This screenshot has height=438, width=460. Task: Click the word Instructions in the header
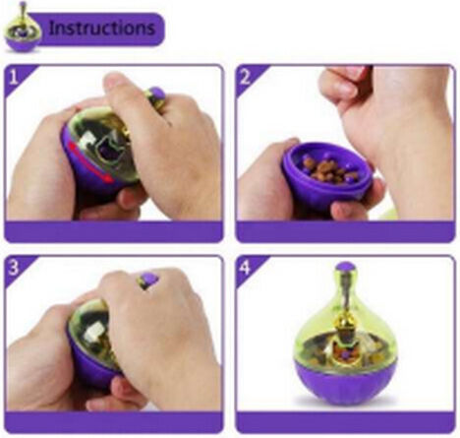[101, 29]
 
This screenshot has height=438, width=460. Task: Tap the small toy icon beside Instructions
[23, 29]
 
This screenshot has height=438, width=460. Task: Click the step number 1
[13, 78]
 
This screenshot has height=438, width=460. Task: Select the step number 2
[246, 78]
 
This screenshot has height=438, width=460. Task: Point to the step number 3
[14, 268]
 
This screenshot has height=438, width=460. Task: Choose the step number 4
[245, 268]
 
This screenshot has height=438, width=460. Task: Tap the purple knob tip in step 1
[156, 94]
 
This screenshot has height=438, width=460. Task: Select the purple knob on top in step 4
[346, 268]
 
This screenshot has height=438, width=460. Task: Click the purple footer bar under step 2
[346, 231]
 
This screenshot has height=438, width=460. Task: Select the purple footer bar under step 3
[114, 422]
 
